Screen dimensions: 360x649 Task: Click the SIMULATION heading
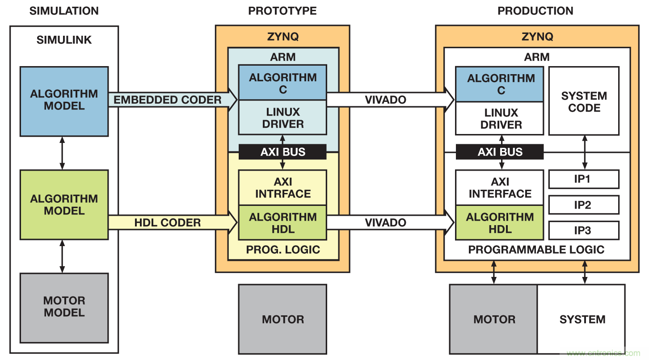pyautogui.click(x=64, y=11)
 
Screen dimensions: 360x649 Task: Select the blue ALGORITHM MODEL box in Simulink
pyautogui.click(x=64, y=101)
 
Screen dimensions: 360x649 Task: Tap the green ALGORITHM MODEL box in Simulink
pyautogui.click(x=64, y=205)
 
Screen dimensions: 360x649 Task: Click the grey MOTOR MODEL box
pyautogui.click(x=64, y=307)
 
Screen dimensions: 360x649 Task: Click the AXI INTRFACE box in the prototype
pyautogui.click(x=282, y=188)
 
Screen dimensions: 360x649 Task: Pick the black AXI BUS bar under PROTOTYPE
pyautogui.click(x=282, y=152)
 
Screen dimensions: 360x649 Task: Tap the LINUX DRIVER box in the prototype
pyautogui.click(x=282, y=117)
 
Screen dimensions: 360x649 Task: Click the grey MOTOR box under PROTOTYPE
pyautogui.click(x=282, y=319)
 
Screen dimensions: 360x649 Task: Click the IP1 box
pyautogui.click(x=584, y=179)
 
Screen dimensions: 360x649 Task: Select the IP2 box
pyautogui.click(x=584, y=205)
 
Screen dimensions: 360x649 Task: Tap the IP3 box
pyautogui.click(x=584, y=230)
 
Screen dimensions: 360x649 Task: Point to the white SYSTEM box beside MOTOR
pyautogui.click(x=582, y=319)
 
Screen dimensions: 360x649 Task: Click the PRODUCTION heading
pyautogui.click(x=535, y=11)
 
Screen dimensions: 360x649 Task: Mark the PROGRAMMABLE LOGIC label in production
pyautogui.click(x=536, y=250)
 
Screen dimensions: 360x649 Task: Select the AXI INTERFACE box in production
pyautogui.click(x=500, y=188)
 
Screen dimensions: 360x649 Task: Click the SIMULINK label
pyautogui.click(x=64, y=40)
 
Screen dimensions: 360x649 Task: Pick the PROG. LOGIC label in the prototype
pyautogui.click(x=283, y=250)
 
